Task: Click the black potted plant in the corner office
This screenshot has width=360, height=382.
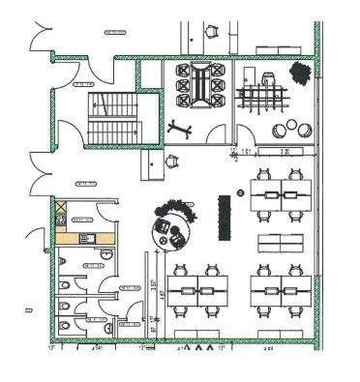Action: pyautogui.click(x=297, y=72)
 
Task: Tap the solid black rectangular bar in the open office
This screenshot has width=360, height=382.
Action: pyautogui.click(x=225, y=217)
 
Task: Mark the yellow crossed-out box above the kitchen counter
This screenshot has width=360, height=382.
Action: pyautogui.click(x=60, y=208)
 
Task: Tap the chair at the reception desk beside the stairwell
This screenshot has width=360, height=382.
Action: pyautogui.click(x=172, y=162)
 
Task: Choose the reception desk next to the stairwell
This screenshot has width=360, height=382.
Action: pyautogui.click(x=153, y=162)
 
